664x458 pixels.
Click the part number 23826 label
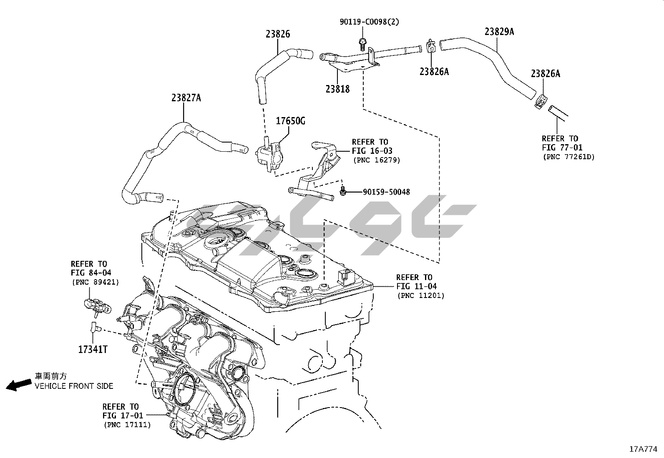[x=278, y=34]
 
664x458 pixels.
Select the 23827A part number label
[x=186, y=98]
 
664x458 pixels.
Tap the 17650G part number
[x=291, y=121]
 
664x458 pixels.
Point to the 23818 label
[x=338, y=89]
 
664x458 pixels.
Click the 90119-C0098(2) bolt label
[x=369, y=22]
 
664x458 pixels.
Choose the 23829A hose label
[x=499, y=32]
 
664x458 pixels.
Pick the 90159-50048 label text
[x=386, y=192]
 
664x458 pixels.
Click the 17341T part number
[x=93, y=349]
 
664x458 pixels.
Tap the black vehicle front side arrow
[x=18, y=385]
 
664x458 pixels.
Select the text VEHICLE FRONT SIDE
[x=74, y=386]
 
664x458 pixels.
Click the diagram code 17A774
[x=643, y=449]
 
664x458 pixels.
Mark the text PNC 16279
[x=377, y=160]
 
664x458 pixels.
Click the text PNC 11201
[x=421, y=295]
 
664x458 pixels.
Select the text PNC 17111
[x=127, y=425]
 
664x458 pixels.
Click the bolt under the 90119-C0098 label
[x=362, y=41]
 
